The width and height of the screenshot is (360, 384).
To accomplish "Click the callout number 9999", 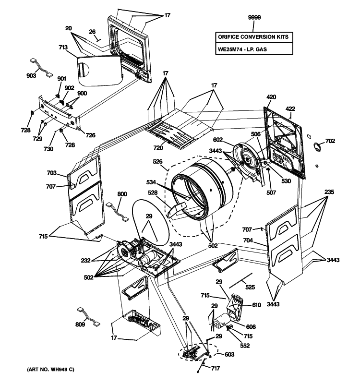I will [x=254, y=18].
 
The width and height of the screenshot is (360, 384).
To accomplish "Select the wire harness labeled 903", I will [x=41, y=67].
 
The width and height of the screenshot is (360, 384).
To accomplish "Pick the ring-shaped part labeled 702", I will [x=317, y=146].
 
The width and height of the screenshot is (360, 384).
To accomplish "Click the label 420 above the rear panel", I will [x=271, y=97].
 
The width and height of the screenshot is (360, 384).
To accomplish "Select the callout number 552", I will [x=245, y=346].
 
